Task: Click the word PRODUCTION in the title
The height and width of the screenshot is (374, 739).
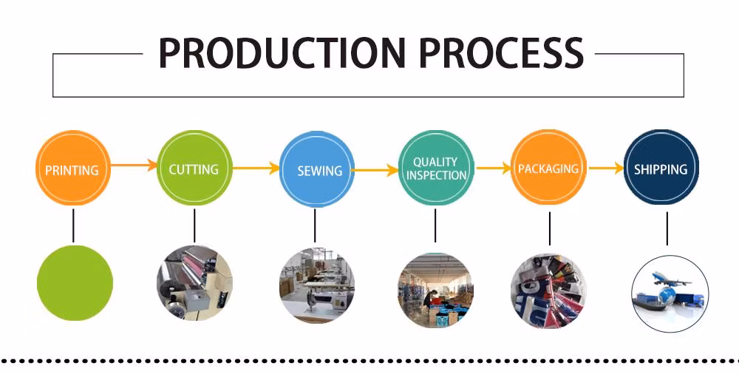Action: pos(282,53)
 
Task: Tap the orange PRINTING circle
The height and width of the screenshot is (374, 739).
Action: pos(72,169)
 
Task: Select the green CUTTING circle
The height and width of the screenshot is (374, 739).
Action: pos(194,169)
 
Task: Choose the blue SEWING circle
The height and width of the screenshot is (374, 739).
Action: pos(317,170)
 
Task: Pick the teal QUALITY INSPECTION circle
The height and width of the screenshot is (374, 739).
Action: pos(436,169)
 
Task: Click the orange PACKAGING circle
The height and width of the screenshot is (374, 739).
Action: pos(548,169)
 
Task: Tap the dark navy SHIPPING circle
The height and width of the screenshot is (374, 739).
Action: pos(661,169)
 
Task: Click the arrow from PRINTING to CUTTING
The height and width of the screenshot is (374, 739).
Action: pos(134,166)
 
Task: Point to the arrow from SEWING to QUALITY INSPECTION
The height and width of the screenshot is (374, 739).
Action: pos(375,171)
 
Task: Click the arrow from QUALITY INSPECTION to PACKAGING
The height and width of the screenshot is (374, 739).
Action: pos(494,169)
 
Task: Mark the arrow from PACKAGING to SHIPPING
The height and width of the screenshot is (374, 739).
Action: pos(606,169)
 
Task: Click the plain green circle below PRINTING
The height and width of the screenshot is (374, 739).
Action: pos(75,284)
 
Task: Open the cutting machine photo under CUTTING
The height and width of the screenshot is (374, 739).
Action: pos(194,284)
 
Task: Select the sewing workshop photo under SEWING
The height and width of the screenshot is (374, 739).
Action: pos(316,287)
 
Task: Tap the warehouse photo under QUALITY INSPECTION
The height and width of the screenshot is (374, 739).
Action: pos(435,289)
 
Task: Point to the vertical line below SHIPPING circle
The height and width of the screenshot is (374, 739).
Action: pos(667,228)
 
